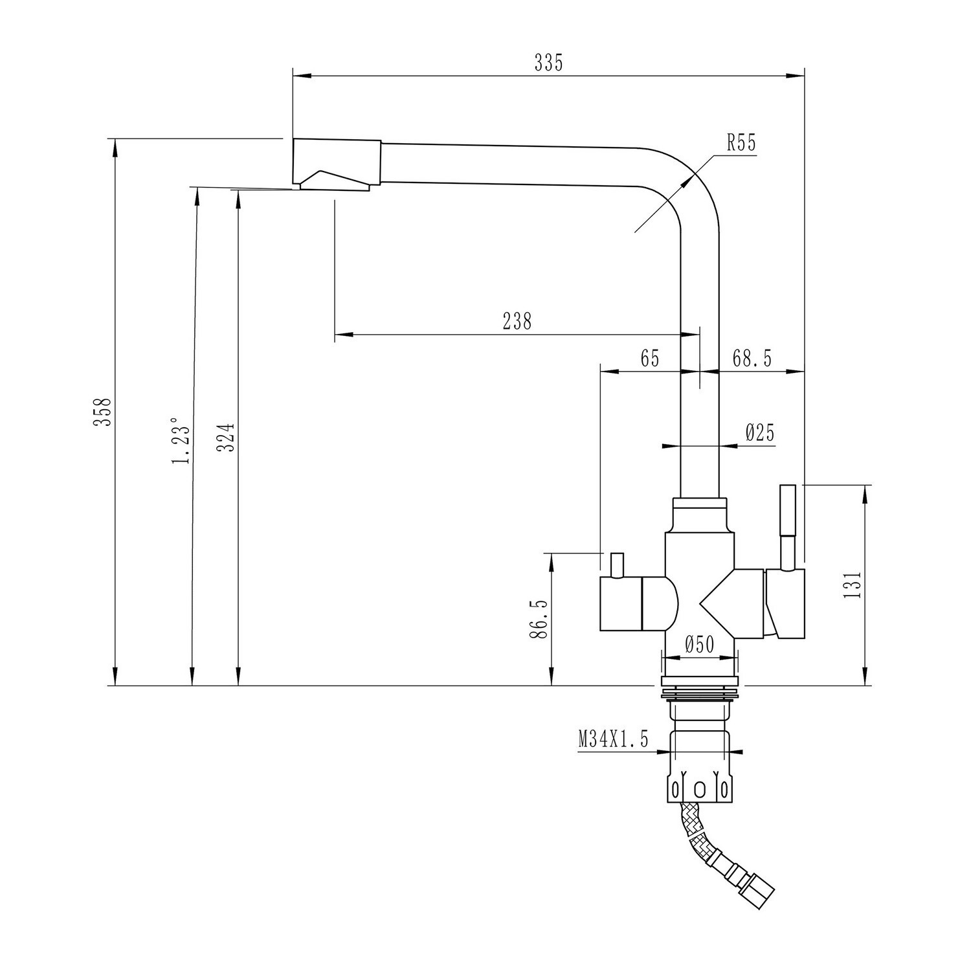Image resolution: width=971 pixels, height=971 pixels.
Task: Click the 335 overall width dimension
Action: tap(548, 63)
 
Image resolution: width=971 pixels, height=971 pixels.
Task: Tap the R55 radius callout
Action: tap(741, 143)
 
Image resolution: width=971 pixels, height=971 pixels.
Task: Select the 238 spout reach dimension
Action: tap(517, 321)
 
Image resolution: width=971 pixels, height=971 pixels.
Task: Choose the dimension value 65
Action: tap(649, 358)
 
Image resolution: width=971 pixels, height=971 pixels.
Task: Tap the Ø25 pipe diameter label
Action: tap(760, 432)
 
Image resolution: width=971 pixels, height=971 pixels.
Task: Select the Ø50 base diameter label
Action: tap(698, 644)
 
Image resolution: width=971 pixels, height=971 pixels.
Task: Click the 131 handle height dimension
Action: tap(854, 584)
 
